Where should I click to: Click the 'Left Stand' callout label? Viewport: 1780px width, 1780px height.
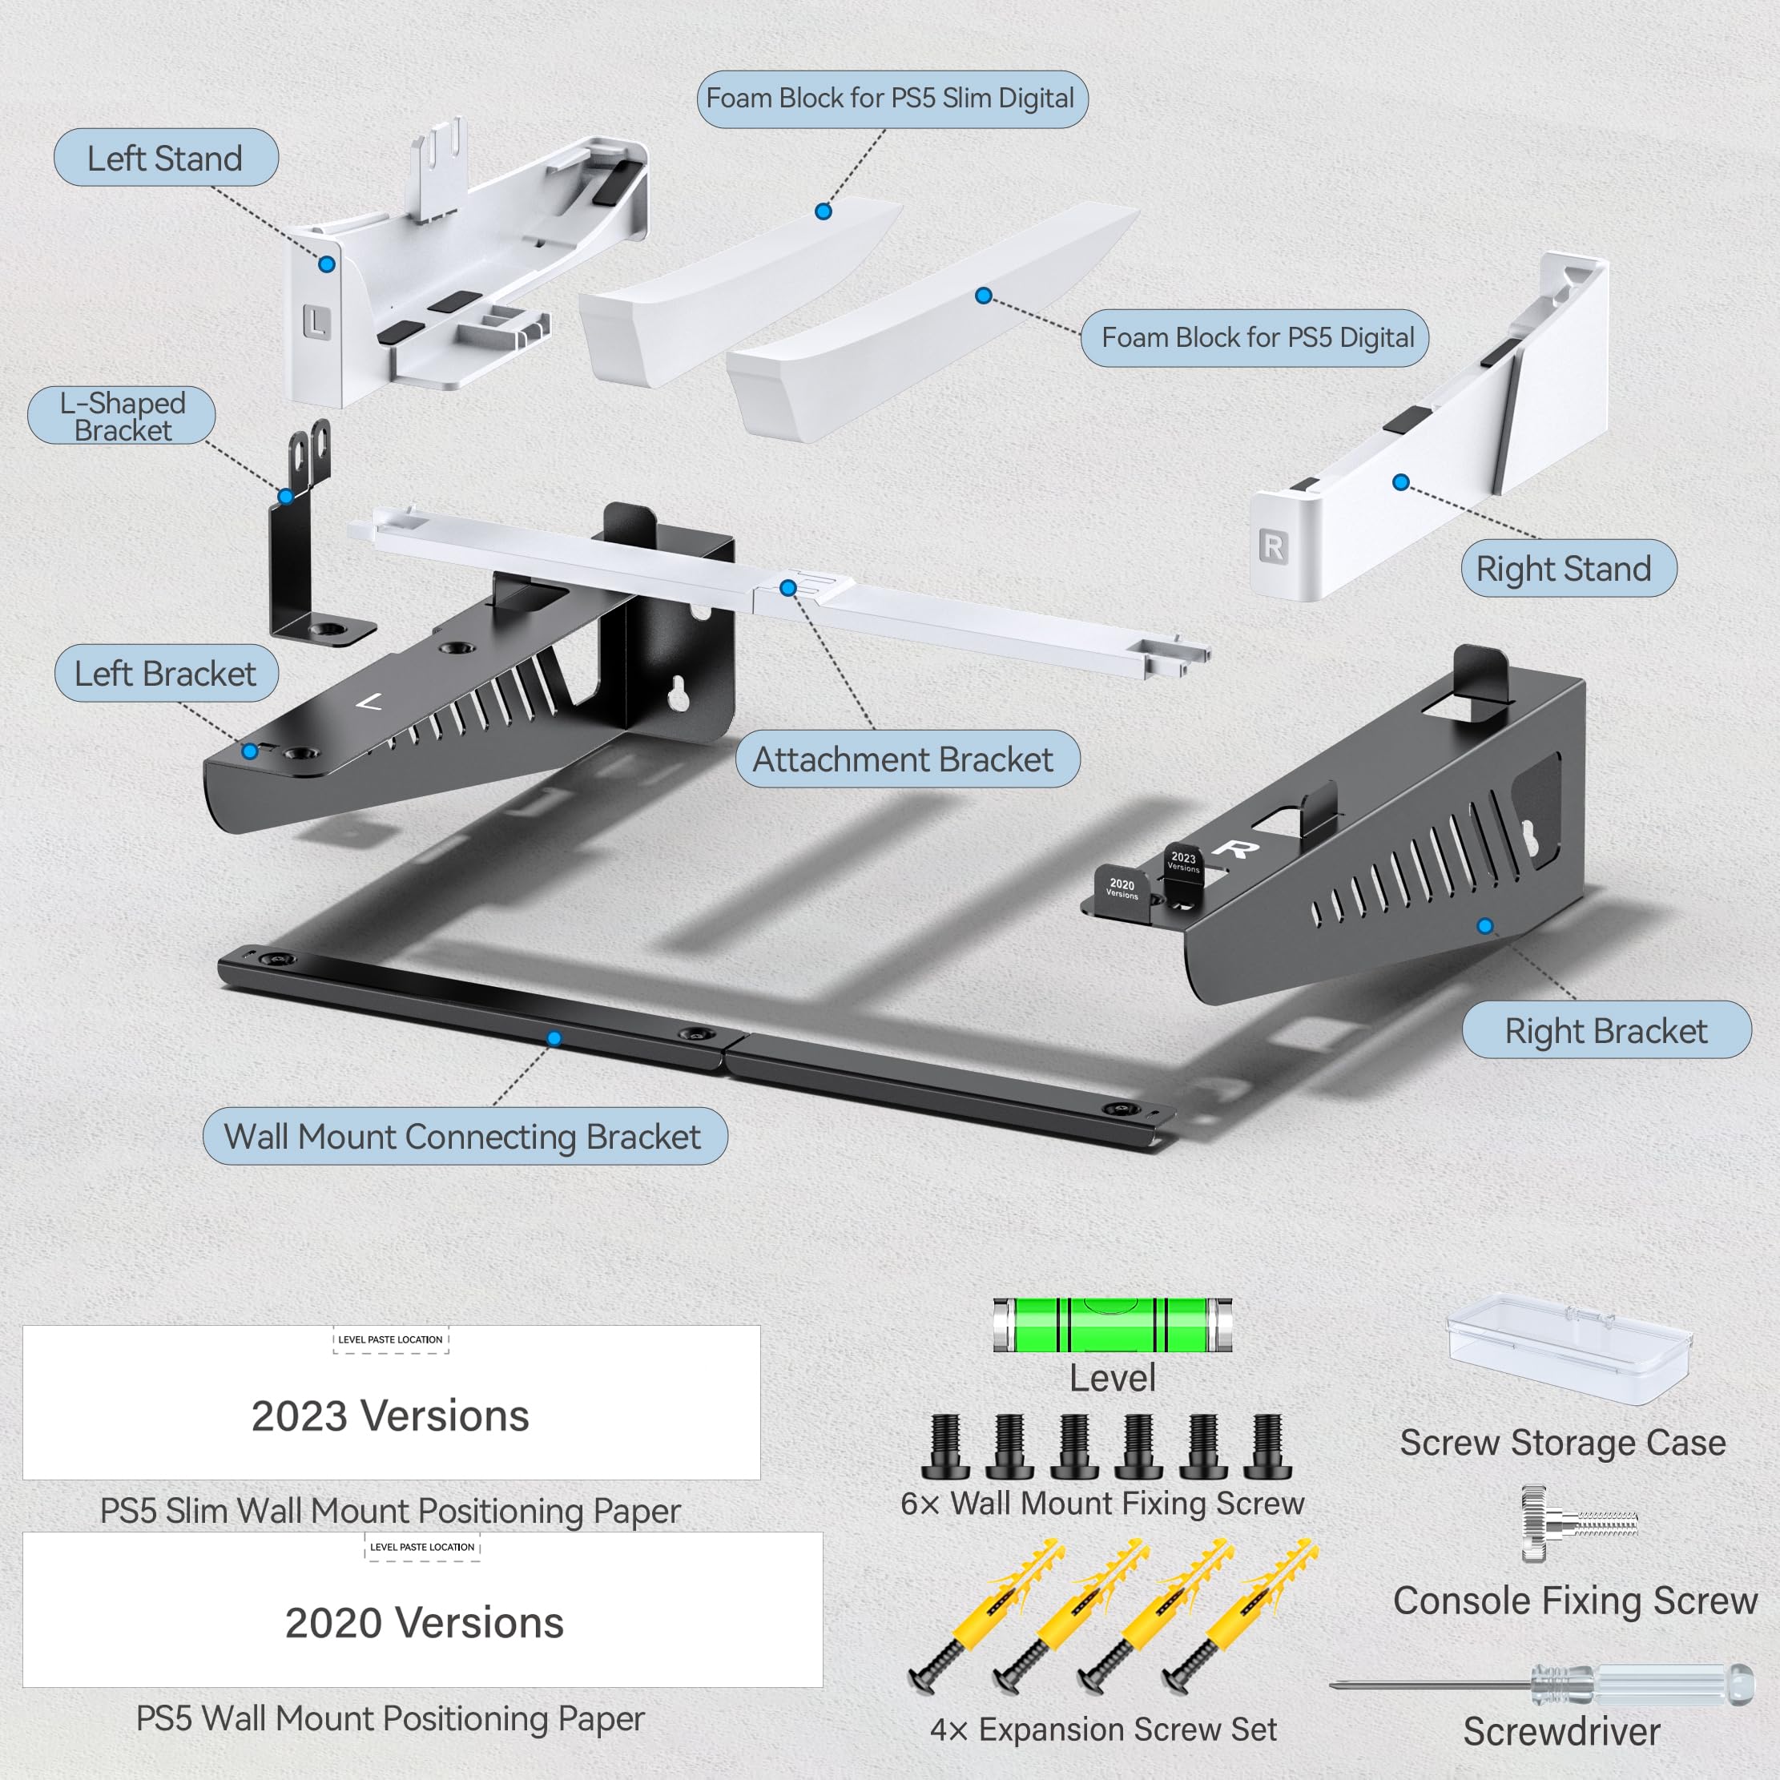click(x=166, y=159)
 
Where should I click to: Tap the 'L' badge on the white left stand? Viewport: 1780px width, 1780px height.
click(x=316, y=323)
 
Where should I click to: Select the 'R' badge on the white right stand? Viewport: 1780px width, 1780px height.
click(x=1272, y=546)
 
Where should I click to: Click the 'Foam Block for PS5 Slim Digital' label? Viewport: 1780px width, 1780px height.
click(x=891, y=99)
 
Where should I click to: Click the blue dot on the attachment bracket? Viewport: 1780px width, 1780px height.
click(x=787, y=588)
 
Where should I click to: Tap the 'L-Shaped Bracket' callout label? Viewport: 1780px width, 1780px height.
click(x=122, y=417)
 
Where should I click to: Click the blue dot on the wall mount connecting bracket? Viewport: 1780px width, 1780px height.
click(x=554, y=1038)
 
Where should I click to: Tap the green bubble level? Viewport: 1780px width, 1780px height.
click(x=1112, y=1325)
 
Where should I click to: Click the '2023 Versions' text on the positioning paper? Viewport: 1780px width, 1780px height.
click(x=391, y=1416)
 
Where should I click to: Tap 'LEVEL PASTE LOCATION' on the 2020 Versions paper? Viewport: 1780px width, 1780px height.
click(x=422, y=1548)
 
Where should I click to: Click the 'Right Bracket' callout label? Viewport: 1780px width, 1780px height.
click(x=1606, y=1031)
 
